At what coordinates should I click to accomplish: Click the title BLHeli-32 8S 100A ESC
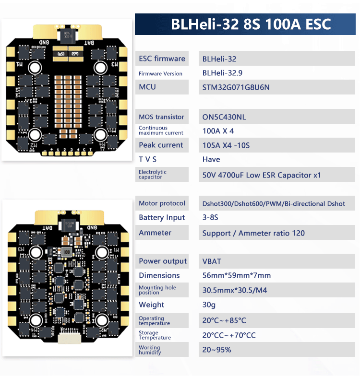pos(251,24)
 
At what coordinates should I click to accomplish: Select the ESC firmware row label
pos(162,59)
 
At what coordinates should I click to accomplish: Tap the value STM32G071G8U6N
pos(236,87)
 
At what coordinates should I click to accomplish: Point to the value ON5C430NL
pos(224,117)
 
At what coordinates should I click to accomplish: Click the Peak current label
pos(161,145)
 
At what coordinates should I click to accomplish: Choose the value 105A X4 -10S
pos(226,145)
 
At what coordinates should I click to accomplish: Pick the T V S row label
pos(148,159)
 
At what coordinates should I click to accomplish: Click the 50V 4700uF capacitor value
pos(262,175)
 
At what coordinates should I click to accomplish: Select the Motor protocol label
pos(162,203)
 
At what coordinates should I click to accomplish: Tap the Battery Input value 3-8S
pos(210,218)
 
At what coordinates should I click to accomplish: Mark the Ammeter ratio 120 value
pos(253,233)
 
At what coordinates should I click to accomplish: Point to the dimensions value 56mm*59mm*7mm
pos(237,275)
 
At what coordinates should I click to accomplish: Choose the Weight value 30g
pos(209,305)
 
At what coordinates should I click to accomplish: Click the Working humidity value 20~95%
pos(216,350)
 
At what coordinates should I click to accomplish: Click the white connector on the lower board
pos(68,338)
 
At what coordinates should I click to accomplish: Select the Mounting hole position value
pos(233,290)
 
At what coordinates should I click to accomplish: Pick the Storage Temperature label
pos(155,335)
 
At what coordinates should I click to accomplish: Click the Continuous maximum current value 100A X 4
pos(218,131)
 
